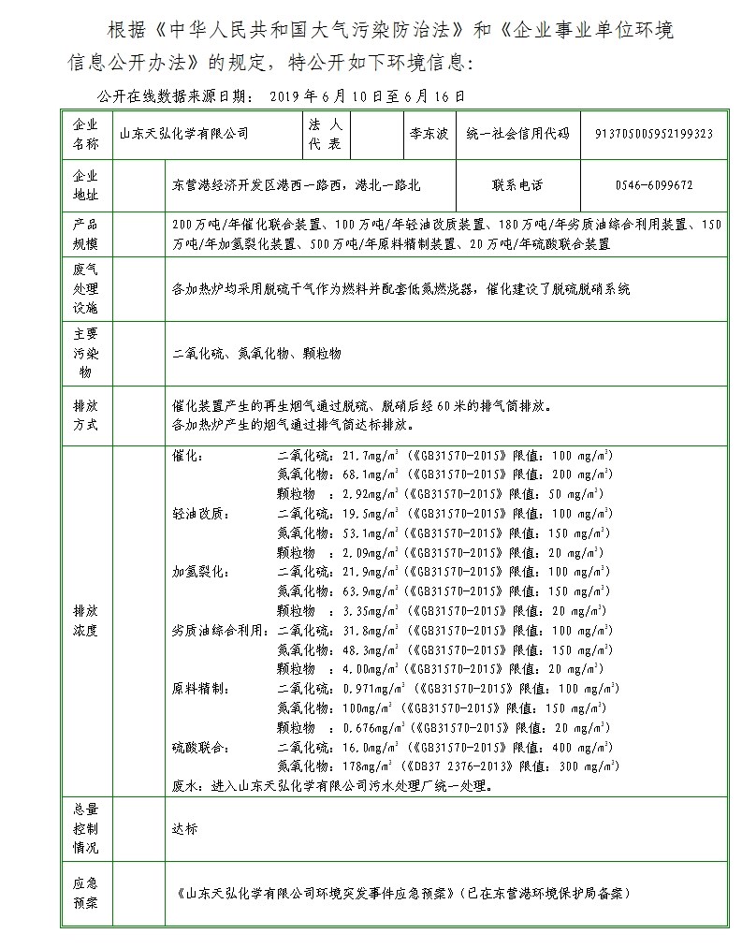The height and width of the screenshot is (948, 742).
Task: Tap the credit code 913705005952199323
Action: click(654, 134)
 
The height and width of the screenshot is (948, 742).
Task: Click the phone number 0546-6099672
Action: click(654, 185)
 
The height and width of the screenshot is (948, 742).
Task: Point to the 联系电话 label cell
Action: click(516, 185)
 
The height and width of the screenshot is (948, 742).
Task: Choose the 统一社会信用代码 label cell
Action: click(516, 134)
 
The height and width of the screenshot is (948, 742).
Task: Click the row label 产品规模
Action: click(85, 234)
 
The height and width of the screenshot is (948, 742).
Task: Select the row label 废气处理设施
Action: click(85, 289)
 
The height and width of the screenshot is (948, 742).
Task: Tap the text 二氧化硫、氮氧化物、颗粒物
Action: click(257, 353)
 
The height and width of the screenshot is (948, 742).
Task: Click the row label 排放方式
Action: click(85, 416)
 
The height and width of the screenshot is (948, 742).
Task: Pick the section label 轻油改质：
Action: click(200, 514)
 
